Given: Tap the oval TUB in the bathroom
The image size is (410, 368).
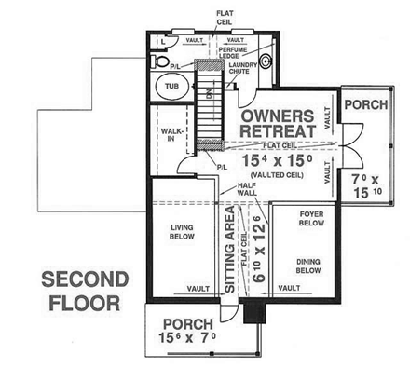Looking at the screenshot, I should point(171,87).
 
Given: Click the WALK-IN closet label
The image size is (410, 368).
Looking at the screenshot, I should point(171,136).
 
